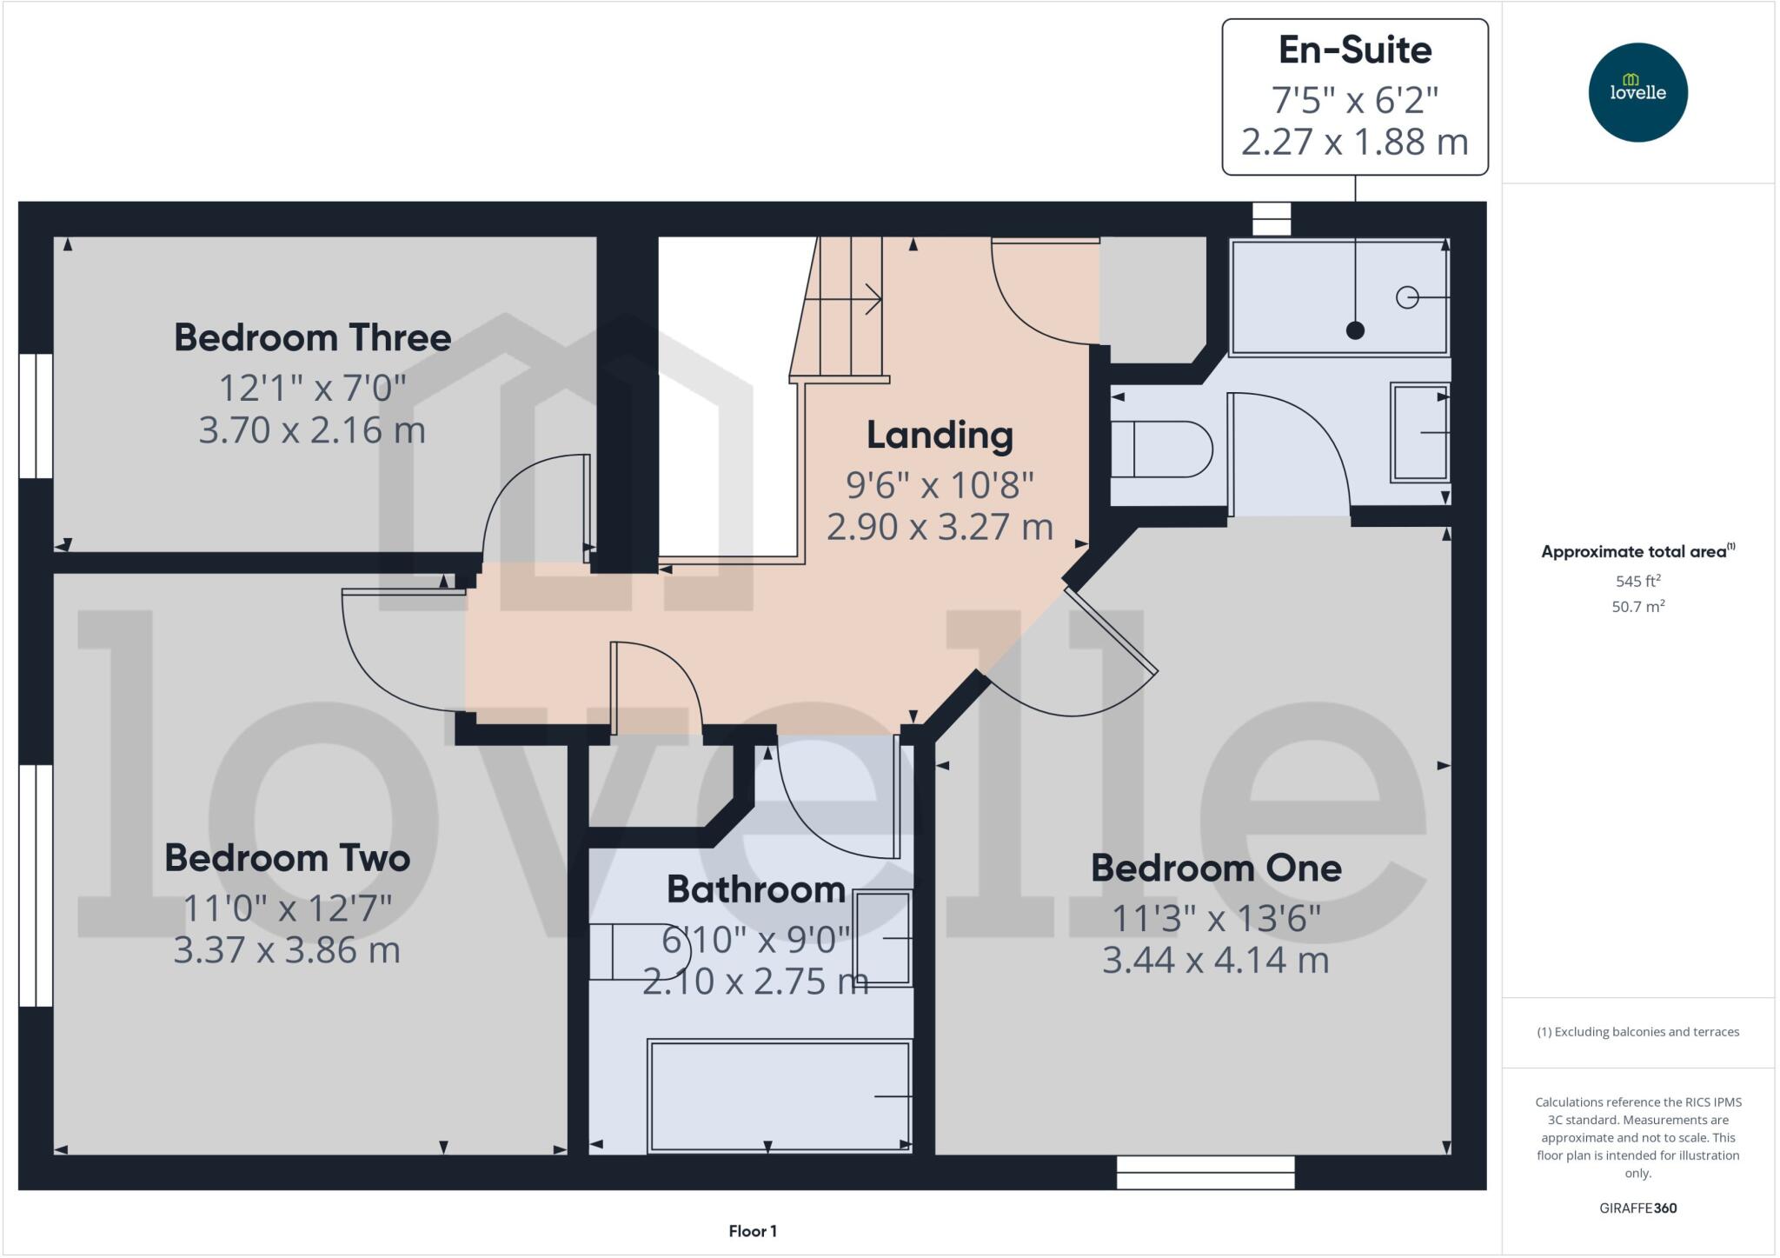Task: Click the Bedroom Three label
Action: pyautogui.click(x=312, y=337)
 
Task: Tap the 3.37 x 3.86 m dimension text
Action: pyautogui.click(x=287, y=949)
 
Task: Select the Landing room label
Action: pyautogui.click(x=940, y=435)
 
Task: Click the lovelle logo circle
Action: pyautogui.click(x=1637, y=92)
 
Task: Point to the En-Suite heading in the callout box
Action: pyautogui.click(x=1355, y=50)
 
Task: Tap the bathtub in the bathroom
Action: pyautogui.click(x=780, y=1096)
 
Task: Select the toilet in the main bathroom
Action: pyautogui.click(x=637, y=951)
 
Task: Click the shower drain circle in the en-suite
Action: pyautogui.click(x=1406, y=297)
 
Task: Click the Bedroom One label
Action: pyautogui.click(x=1216, y=868)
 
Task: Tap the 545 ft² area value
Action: pyautogui.click(x=1638, y=581)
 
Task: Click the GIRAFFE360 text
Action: pyautogui.click(x=1637, y=1208)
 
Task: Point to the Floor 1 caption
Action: pyautogui.click(x=753, y=1231)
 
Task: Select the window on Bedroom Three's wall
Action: pyautogui.click(x=36, y=416)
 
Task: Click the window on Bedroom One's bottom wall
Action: pyautogui.click(x=1205, y=1172)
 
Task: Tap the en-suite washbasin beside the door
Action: pyautogui.click(x=1420, y=432)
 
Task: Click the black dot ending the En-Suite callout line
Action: pyautogui.click(x=1355, y=330)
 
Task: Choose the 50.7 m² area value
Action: pyautogui.click(x=1638, y=606)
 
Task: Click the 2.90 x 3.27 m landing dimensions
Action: pyautogui.click(x=940, y=527)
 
